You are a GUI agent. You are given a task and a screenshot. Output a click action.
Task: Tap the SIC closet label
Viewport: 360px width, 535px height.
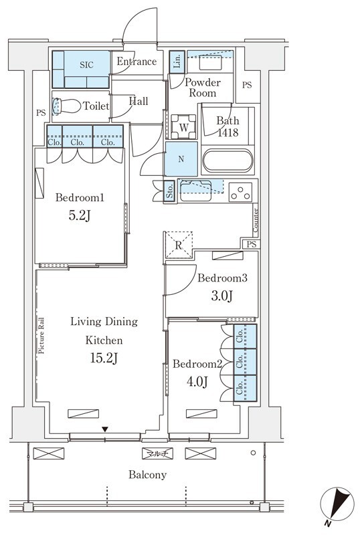[86, 64]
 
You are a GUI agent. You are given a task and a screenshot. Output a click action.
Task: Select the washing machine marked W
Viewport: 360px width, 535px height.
[184, 127]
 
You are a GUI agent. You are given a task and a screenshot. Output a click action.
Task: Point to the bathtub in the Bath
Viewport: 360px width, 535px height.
[228, 161]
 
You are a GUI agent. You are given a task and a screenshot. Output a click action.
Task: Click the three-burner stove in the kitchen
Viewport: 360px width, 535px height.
[240, 192]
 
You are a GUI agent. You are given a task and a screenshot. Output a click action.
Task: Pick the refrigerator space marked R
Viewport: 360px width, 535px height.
[178, 245]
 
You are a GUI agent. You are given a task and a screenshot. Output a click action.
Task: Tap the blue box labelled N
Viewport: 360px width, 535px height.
[181, 158]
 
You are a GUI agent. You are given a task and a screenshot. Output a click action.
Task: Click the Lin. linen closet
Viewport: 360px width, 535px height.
[177, 62]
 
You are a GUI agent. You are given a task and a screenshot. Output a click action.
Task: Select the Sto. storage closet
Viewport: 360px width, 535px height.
[170, 191]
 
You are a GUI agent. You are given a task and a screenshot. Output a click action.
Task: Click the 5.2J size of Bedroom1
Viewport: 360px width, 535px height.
[80, 215]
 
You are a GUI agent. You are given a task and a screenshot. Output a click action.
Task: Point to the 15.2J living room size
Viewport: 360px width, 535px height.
[104, 358]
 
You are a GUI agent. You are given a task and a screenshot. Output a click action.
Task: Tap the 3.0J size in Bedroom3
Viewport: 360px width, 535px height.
[222, 296]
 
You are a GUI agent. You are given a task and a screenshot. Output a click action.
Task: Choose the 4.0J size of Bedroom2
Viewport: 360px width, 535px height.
[197, 381]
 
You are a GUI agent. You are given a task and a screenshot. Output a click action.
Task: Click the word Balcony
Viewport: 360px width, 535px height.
[148, 475]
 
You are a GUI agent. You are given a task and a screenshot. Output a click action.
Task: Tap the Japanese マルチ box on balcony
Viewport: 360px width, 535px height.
[157, 453]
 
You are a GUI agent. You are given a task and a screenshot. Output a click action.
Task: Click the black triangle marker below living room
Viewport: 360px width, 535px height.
[105, 429]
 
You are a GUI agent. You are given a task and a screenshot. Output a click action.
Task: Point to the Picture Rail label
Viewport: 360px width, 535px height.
[41, 336]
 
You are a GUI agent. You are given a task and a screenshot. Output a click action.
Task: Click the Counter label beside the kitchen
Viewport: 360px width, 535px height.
[256, 220]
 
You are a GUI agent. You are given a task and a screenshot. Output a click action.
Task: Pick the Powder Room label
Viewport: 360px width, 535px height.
[203, 88]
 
